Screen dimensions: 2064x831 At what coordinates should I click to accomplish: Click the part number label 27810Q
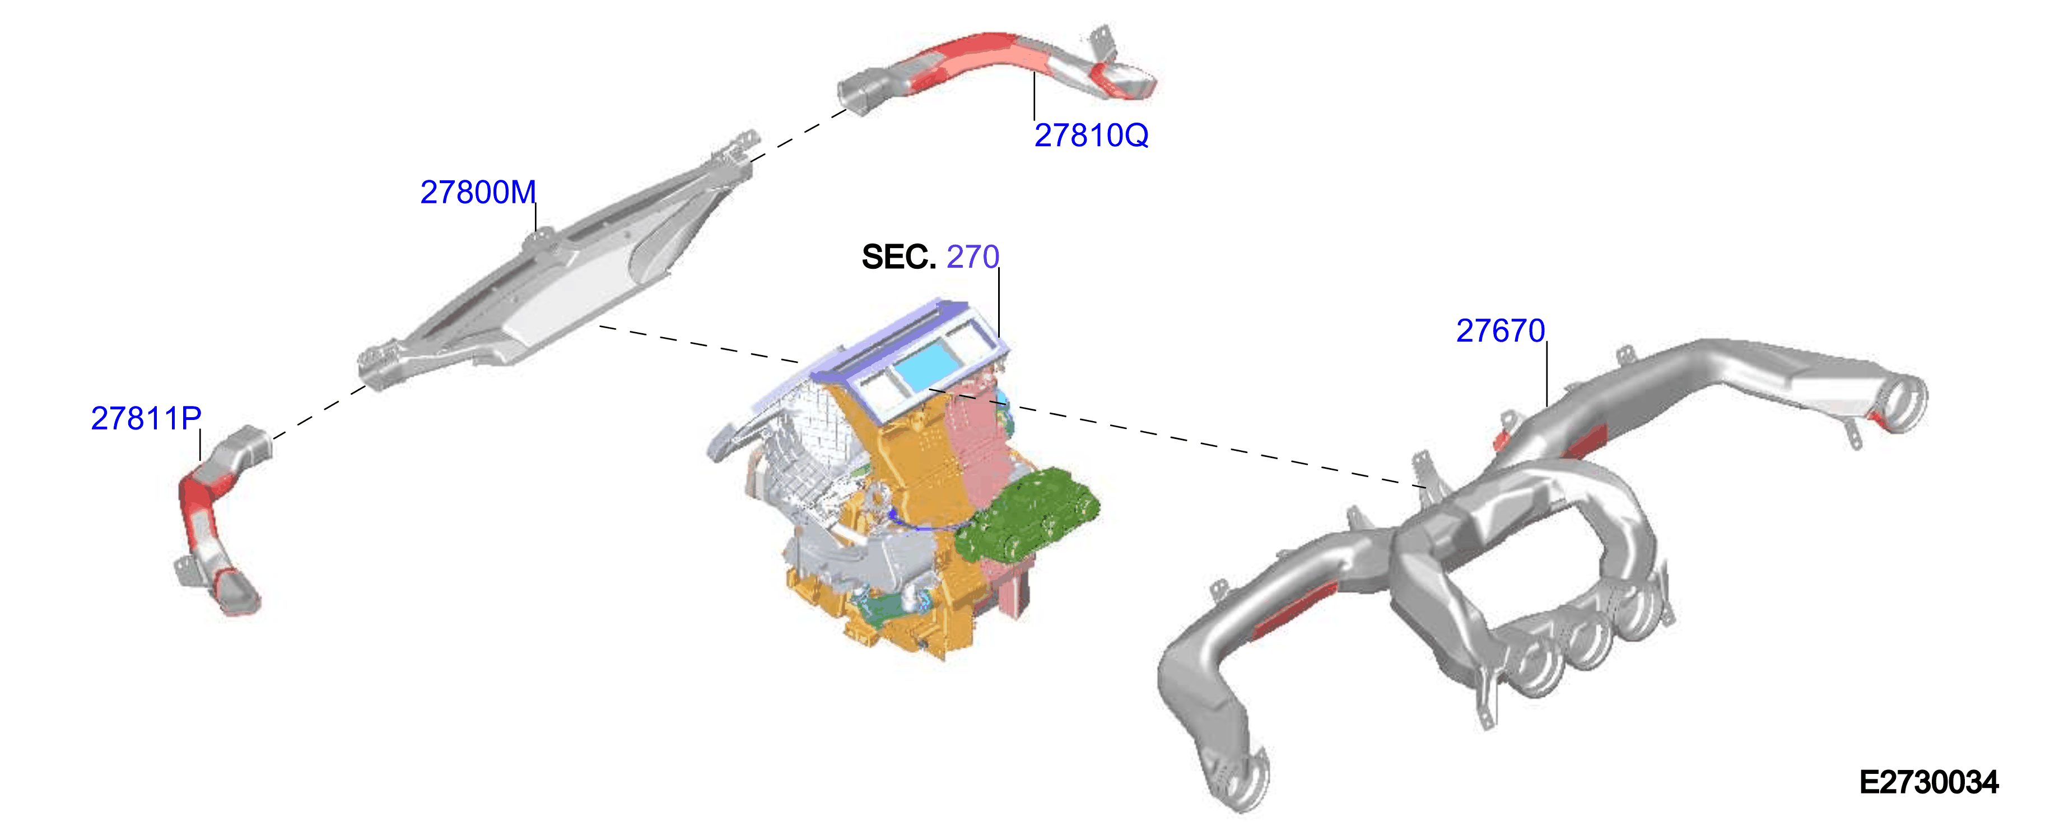[x=1091, y=136]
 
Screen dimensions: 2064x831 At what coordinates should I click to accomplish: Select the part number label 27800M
[x=478, y=192]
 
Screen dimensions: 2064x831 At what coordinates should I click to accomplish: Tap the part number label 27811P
[x=146, y=418]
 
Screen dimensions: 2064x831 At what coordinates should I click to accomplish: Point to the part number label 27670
[x=1500, y=330]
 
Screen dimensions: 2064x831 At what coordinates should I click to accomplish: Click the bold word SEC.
[x=898, y=257]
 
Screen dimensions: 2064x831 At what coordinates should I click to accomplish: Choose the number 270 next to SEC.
[x=973, y=257]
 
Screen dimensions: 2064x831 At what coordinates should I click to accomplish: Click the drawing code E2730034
[x=1928, y=782]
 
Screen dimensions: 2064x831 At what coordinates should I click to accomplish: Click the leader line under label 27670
[x=1546, y=374]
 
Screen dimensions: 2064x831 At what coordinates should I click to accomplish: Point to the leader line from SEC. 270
[x=999, y=303]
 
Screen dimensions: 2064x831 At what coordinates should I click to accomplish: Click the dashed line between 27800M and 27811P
[x=319, y=413]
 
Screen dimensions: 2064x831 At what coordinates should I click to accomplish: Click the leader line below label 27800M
[x=535, y=218]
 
